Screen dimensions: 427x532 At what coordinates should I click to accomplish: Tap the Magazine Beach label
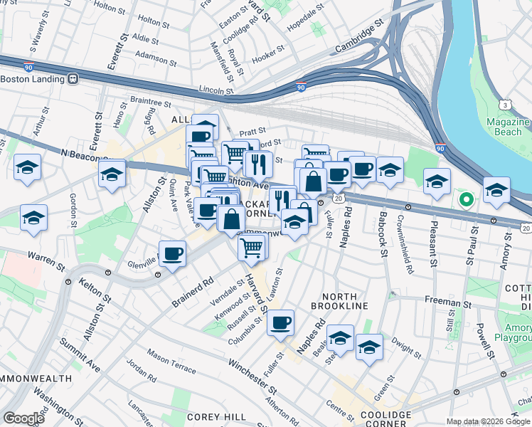pos(508,127)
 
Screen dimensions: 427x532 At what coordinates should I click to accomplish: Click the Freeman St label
pos(445,302)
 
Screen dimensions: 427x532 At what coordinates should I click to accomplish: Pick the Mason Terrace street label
pos(171,360)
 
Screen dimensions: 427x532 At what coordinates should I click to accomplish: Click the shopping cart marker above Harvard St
pos(252,247)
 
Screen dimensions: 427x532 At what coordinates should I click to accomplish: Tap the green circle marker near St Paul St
pos(466,199)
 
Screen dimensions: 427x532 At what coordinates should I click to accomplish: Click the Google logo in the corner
pos(24,418)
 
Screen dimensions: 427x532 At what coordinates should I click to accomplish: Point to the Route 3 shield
pos(504,105)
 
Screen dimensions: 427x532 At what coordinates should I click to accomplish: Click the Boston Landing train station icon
pos(72,79)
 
